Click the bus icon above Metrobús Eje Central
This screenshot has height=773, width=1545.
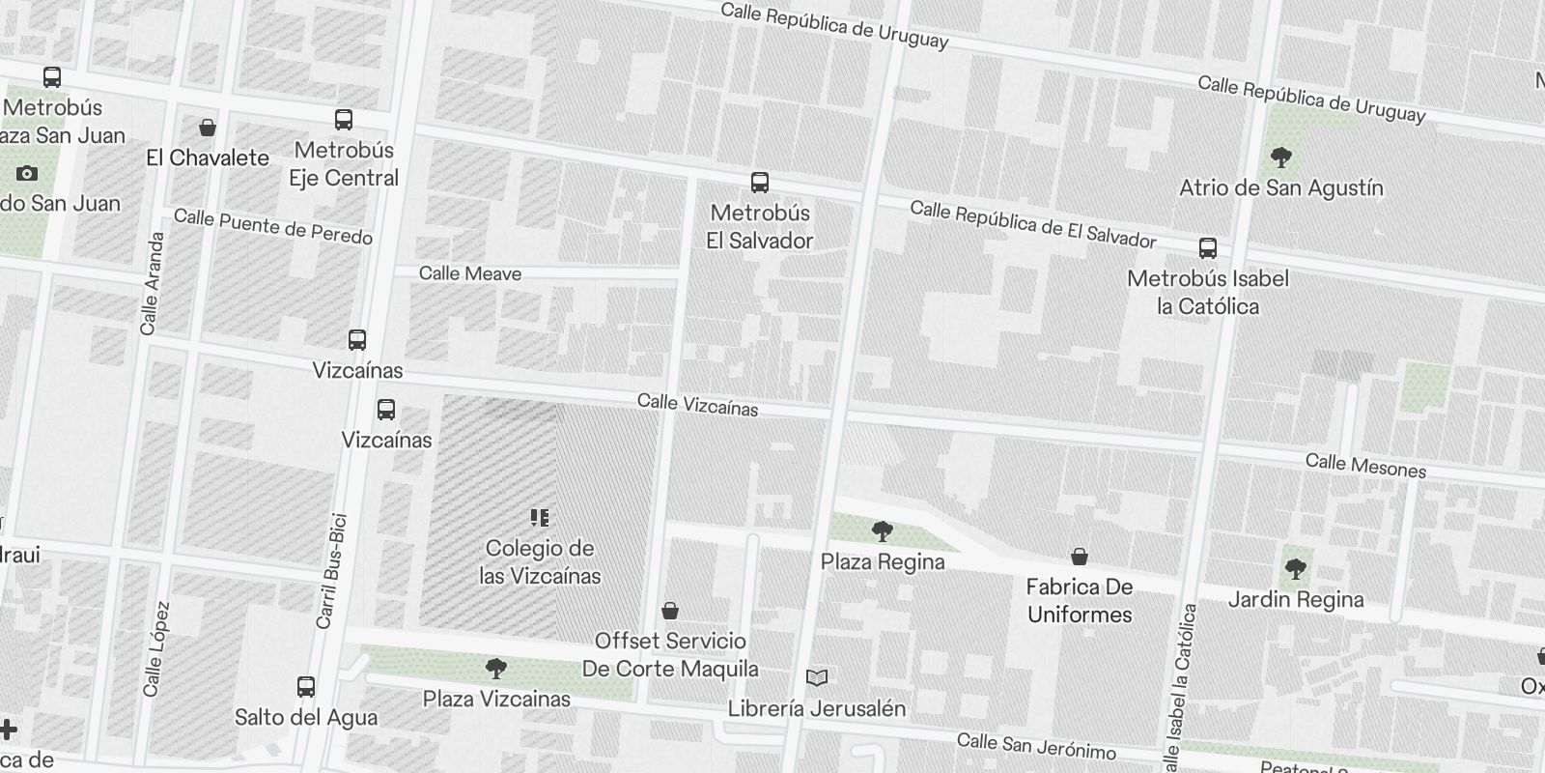point(344,120)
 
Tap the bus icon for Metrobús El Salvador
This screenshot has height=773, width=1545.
point(760,183)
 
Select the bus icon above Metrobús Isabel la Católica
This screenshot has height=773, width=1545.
point(1208,248)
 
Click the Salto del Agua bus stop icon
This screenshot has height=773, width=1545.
point(306,687)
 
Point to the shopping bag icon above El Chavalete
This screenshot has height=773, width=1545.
point(208,128)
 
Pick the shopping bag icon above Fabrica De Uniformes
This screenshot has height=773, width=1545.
point(1080,557)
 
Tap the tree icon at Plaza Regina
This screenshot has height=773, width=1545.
point(882,530)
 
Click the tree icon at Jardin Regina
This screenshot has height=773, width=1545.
point(1296,569)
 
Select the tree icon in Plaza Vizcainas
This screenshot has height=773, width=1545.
point(496,668)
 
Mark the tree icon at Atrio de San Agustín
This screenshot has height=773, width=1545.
point(1281,157)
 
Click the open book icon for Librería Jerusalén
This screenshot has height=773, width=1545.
point(817,678)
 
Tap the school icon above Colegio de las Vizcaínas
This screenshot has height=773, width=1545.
point(540,518)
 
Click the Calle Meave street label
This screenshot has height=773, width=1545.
point(470,273)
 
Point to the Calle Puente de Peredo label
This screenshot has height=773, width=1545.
point(273,227)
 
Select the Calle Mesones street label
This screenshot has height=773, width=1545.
point(1365,466)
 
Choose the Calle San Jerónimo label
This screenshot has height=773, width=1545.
point(1036,746)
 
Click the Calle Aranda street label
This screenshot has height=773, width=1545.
point(153,284)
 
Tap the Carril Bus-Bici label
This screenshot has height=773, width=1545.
point(331,571)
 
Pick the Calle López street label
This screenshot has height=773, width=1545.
point(156,648)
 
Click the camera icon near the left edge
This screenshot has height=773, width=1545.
point(27,174)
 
